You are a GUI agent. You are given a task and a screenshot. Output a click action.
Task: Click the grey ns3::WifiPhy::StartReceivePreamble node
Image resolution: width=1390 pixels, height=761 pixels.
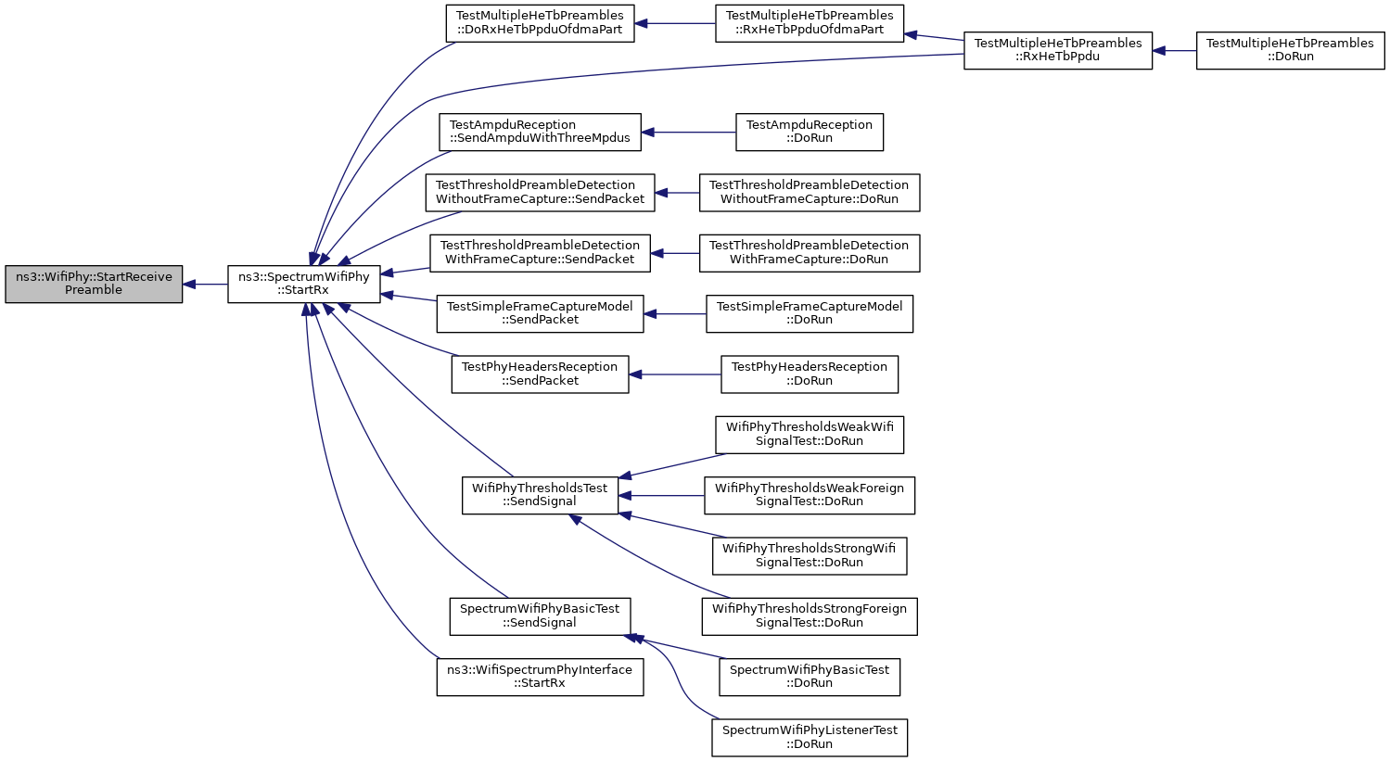[x=94, y=284]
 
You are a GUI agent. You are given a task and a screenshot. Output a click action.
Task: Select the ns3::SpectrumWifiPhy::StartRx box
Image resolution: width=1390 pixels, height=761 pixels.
[x=304, y=284]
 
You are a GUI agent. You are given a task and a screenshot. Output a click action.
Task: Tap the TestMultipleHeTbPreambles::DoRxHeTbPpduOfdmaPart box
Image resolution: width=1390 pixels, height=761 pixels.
[x=540, y=23]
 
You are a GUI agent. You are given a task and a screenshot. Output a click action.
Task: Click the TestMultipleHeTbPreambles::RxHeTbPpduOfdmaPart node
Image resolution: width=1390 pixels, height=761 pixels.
[x=810, y=23]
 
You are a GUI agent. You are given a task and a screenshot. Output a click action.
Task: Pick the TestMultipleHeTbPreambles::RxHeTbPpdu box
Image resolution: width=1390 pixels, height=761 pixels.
[x=1058, y=51]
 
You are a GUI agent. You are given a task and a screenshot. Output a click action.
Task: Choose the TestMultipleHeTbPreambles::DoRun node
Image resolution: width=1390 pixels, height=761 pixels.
[x=1290, y=51]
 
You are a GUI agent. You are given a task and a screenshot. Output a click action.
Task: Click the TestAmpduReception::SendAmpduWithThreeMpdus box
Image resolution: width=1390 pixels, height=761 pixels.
[x=540, y=133]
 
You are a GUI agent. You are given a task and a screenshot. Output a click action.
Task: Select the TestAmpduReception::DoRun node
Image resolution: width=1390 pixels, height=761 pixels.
[x=810, y=133]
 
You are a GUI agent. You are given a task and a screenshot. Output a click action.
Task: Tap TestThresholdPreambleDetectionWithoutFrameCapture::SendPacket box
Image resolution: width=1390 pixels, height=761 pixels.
[x=540, y=192]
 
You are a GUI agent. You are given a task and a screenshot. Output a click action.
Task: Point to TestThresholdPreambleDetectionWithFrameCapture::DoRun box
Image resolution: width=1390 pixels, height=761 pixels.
[x=810, y=253]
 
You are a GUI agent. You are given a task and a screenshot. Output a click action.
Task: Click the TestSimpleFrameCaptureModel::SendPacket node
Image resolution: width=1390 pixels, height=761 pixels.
[x=540, y=314]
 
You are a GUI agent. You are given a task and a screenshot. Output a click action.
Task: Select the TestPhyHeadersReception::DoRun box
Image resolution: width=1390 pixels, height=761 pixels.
[x=810, y=374]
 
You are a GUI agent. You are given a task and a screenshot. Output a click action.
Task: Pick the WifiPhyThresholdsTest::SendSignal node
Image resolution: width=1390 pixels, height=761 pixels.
[x=540, y=496]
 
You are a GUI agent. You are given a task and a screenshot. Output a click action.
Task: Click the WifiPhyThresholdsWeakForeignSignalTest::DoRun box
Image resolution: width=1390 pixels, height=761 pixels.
[x=810, y=496]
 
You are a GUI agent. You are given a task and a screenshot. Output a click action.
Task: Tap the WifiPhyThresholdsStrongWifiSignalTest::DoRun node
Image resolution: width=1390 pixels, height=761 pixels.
[x=810, y=556]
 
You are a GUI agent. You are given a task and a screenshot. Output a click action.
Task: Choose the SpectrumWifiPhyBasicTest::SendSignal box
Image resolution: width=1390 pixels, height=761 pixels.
[x=540, y=616]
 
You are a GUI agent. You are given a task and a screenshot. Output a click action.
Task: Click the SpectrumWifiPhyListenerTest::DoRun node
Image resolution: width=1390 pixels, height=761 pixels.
[x=810, y=738]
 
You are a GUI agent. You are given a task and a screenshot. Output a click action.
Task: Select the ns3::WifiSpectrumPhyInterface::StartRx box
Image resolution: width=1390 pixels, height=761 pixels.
[x=540, y=678]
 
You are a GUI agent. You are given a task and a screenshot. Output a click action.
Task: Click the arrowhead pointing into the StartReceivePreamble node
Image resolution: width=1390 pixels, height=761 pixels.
[x=189, y=284]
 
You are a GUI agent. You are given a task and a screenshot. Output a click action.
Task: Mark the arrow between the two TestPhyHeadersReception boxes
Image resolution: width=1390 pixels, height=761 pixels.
[x=674, y=374]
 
